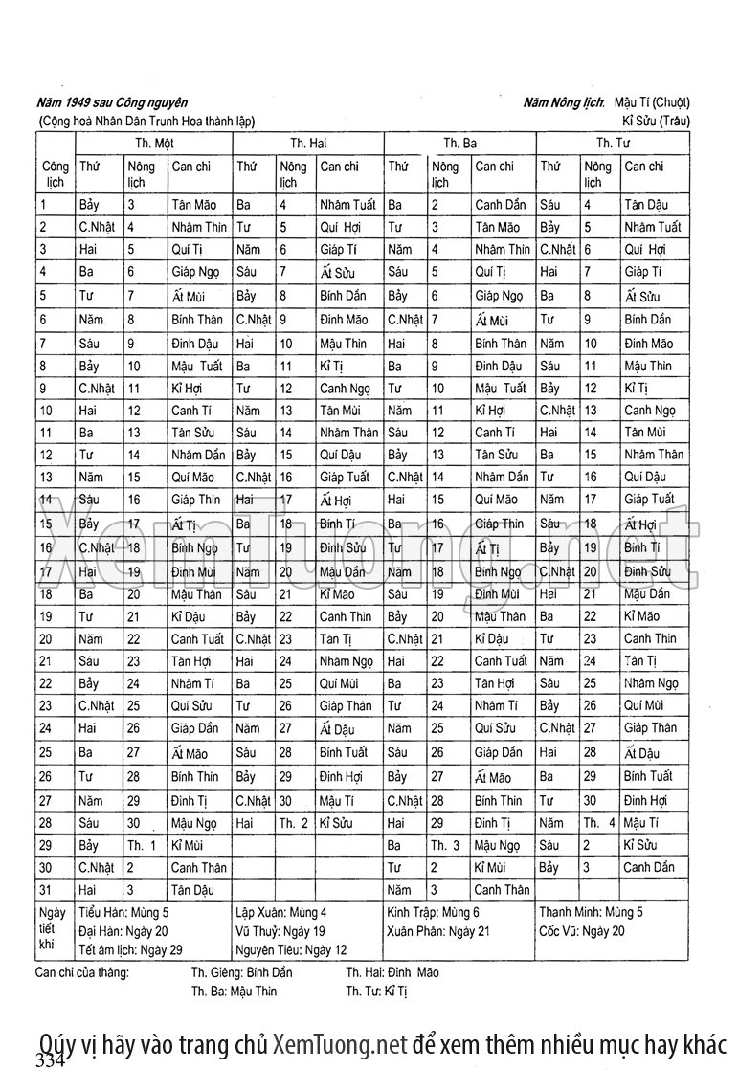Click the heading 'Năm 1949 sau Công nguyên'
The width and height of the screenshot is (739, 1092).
pos(111,102)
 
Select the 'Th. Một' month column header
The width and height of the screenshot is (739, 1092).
pos(153,143)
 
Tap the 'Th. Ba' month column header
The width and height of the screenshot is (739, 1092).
pos(459,143)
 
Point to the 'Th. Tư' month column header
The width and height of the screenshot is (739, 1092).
pos(613,143)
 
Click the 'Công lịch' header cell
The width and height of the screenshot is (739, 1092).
pos(55,173)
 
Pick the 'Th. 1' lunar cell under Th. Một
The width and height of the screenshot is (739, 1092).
pos(142,845)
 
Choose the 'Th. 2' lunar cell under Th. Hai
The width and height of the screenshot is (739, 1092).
pos(293,823)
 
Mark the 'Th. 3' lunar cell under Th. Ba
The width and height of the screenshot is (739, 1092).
pos(445,845)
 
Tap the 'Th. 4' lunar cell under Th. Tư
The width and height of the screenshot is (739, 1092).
pos(598,823)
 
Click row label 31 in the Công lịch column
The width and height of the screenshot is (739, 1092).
pos(45,890)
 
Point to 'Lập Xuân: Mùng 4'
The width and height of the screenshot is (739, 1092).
pos(280,912)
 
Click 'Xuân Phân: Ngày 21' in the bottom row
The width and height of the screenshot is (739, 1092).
pos(438,930)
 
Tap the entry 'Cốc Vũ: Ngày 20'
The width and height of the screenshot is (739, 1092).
pos(582,930)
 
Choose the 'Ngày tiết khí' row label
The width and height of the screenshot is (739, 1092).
pos(54,930)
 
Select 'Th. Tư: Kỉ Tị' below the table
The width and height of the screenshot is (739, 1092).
pos(376,992)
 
